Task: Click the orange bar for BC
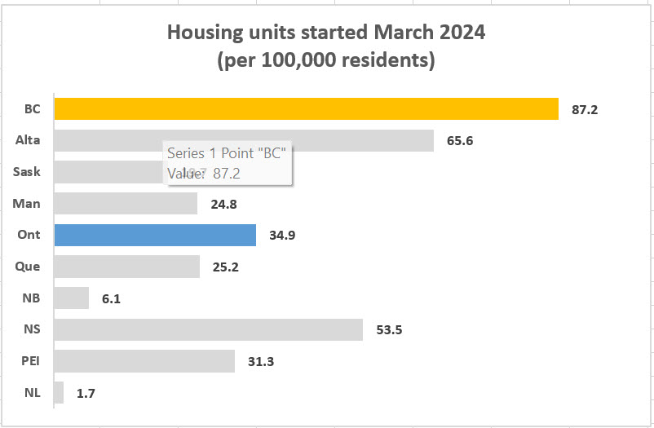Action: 306,108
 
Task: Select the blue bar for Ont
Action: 155,235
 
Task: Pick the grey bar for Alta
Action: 243,140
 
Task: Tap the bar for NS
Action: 208,329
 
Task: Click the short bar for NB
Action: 72,298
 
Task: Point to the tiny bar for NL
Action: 59,393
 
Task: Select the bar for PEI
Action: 144,361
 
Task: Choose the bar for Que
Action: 126,267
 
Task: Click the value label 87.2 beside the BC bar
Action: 585,109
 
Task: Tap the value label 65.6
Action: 460,140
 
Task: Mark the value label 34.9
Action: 282,236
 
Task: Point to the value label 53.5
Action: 389,330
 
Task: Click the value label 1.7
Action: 86,393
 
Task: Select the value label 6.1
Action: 111,298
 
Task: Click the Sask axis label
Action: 27,172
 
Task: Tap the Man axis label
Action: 29,203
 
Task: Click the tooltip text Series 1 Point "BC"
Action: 230,152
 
